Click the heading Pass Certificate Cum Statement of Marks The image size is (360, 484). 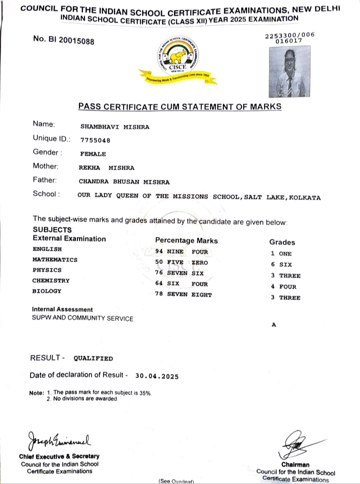click(179, 106)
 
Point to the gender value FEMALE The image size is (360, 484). click(92, 154)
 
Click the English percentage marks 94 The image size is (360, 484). click(160, 252)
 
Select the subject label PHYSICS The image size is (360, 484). click(47, 270)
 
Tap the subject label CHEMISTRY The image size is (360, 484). click(51, 281)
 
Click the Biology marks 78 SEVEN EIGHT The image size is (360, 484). click(183, 295)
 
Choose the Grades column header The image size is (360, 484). click(282, 242)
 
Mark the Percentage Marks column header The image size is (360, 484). click(186, 240)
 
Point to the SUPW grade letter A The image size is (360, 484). click(273, 324)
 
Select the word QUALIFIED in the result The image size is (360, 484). click(93, 358)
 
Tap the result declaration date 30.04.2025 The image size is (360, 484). click(156, 376)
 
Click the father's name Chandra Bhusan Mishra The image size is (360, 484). click(124, 182)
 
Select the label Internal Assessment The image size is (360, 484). click(62, 310)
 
